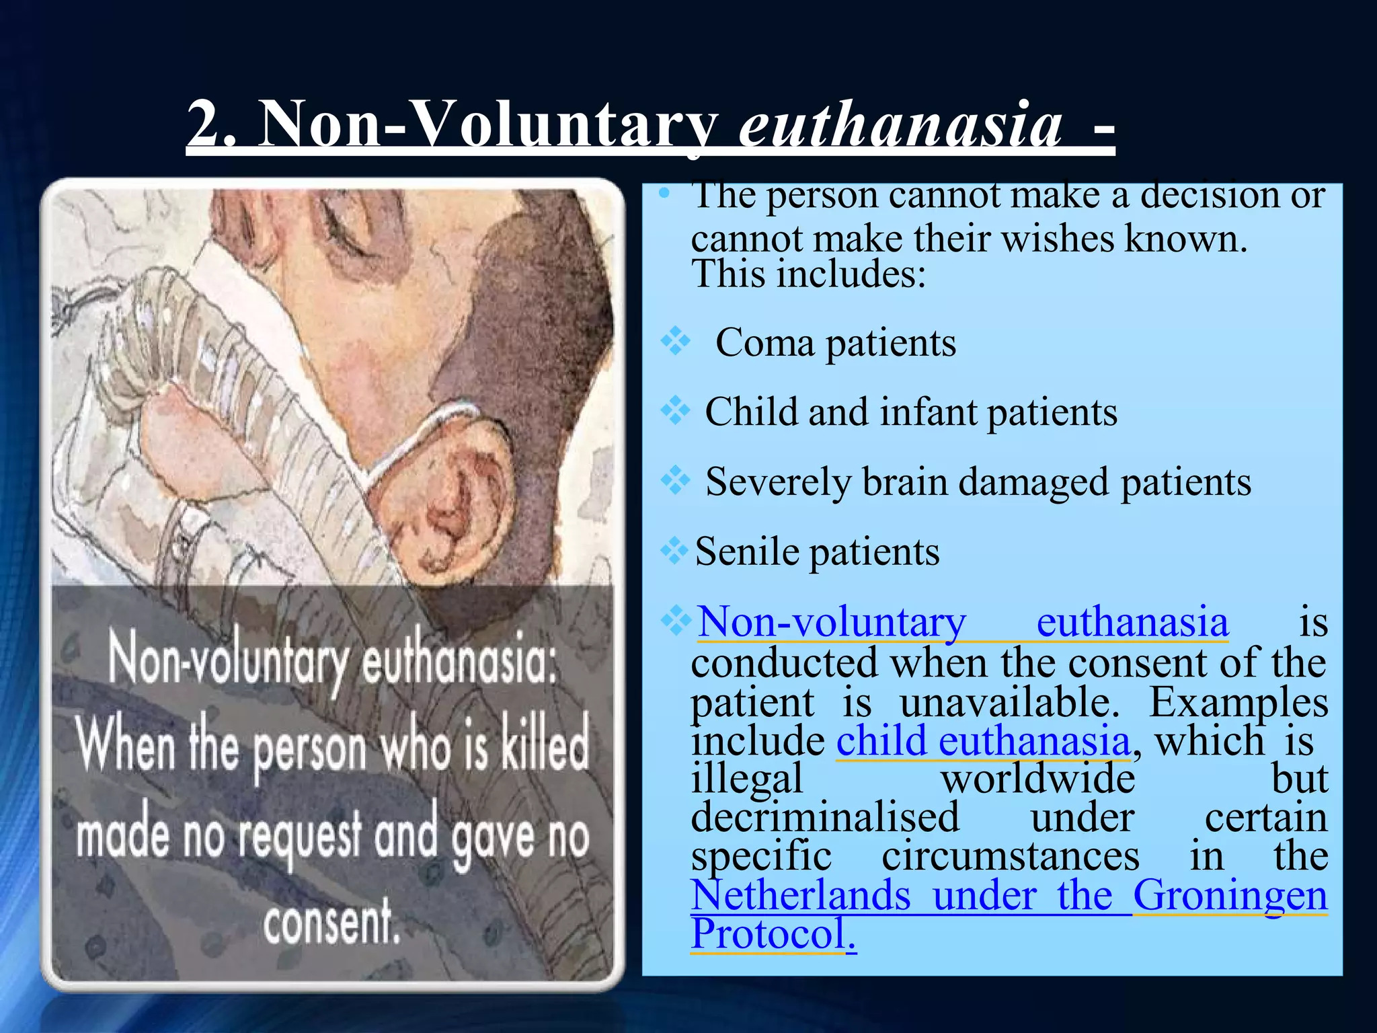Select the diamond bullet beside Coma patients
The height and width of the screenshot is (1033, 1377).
(675, 342)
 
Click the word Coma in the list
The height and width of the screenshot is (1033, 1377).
(764, 344)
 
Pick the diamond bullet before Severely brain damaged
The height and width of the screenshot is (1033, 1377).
(675, 480)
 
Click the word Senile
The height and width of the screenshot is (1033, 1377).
(746, 552)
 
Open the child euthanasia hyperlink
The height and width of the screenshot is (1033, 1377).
(982, 741)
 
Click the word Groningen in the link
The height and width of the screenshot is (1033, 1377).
(1230, 896)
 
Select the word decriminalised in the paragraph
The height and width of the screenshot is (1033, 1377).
(825, 818)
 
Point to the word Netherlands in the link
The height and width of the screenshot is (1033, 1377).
(801, 896)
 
